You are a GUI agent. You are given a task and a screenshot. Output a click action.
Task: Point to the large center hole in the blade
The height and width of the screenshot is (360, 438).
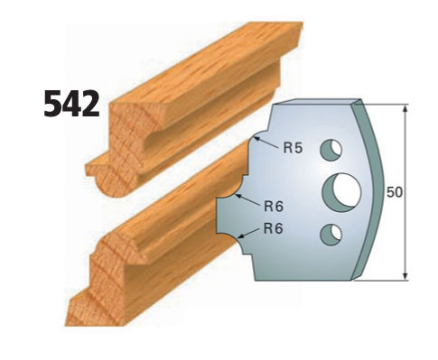coord(344,190)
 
